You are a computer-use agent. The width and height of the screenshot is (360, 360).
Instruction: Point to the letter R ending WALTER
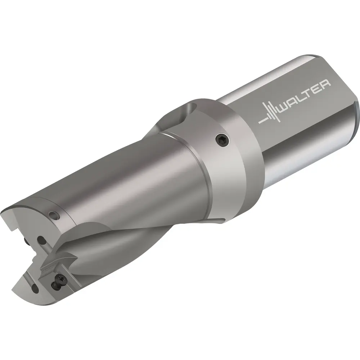point(325,84)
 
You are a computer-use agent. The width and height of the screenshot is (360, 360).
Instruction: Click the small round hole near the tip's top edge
point(55,215)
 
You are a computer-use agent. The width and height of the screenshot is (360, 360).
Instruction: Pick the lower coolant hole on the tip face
point(35,288)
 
